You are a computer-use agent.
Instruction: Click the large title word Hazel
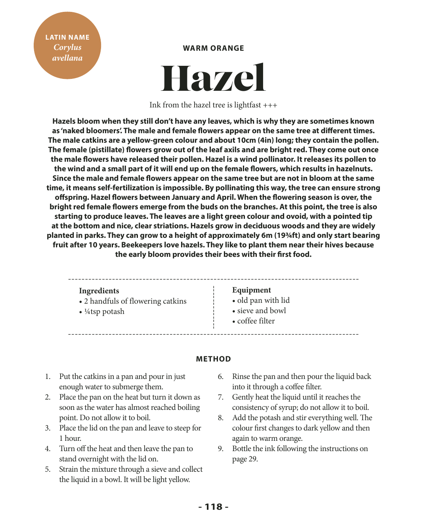tap(213, 78)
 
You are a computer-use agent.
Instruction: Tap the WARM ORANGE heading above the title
tap(213, 48)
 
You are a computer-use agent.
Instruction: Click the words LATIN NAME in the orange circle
tap(67, 37)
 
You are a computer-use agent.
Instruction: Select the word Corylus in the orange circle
tap(67, 47)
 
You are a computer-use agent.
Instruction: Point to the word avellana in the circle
tap(67, 58)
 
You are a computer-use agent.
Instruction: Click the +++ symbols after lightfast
tap(270, 105)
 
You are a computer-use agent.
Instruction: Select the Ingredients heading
tap(99, 291)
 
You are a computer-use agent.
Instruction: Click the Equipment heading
tap(251, 290)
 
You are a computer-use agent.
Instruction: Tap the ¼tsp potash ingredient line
tap(104, 312)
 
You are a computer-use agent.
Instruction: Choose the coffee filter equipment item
tap(256, 321)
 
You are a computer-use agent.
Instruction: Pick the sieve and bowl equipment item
tap(261, 311)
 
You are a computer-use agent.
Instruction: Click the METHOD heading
tap(213, 359)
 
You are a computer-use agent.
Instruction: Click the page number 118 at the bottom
tap(213, 507)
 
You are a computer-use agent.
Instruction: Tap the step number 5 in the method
tap(48, 469)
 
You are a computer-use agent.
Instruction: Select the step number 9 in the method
tap(221, 449)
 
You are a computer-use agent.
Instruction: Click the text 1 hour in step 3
tap(70, 438)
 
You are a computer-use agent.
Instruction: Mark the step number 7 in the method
tap(221, 397)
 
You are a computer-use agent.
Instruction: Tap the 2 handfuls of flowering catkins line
tap(135, 301)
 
